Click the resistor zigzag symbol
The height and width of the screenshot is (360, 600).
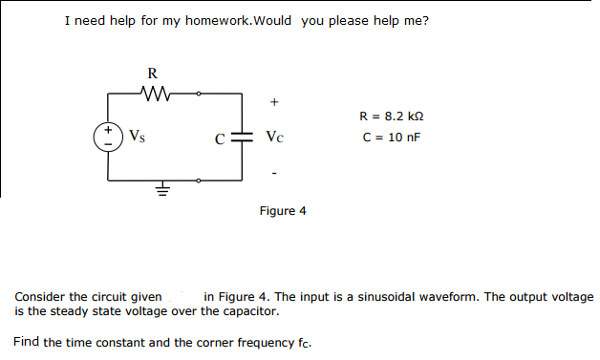point(153,94)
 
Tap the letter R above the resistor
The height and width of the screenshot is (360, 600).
point(153,73)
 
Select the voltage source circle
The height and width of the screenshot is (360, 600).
point(108,136)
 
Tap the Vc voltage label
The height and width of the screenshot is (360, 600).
point(275,137)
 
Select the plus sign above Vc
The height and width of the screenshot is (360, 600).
point(275,100)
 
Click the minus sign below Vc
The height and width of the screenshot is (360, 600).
point(275,174)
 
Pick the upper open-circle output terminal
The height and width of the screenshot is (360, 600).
point(199,94)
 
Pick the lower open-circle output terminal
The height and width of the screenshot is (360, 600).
point(199,180)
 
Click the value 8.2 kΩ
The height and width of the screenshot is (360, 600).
point(400,116)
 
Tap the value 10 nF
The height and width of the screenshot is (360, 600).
point(400,137)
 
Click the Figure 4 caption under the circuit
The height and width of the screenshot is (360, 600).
point(283,210)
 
